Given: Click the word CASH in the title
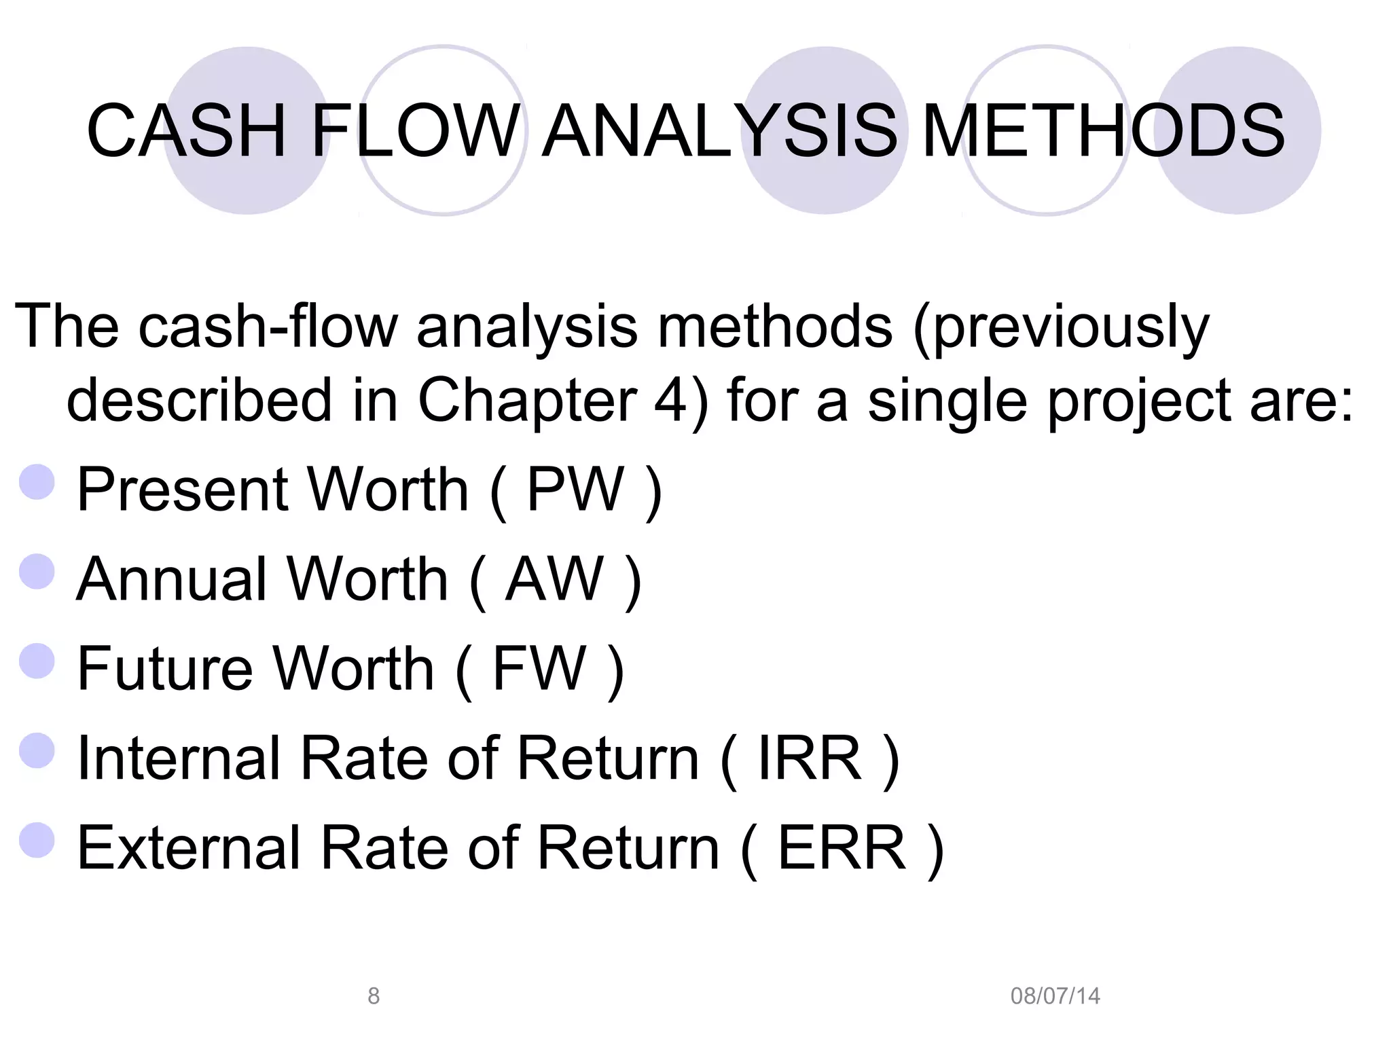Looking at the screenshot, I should pos(186,130).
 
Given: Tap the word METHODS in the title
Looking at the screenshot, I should pos(1103,130).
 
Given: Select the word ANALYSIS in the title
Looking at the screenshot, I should pos(720,130).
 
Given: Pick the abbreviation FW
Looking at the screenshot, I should pos(539,668).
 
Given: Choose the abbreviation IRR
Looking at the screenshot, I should pos(810,758).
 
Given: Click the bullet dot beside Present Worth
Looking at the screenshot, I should pos(37,482).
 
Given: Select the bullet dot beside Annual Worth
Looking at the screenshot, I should pos(37,571).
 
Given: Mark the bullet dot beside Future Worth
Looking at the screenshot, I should pos(37,661).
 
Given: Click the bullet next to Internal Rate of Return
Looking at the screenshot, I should pos(37,750).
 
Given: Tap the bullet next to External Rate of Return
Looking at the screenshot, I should pos(37,840).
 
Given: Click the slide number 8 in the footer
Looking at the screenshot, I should pos(374,995).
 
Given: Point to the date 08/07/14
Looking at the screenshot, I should pos(1055,995).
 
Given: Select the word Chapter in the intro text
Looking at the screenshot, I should pos(527,401).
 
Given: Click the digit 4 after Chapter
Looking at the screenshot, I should pos(671,401).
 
